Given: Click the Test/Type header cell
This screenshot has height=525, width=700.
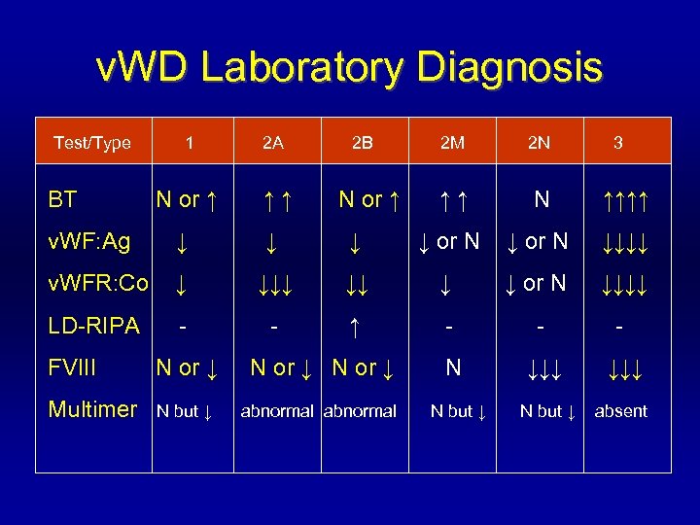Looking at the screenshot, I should click(92, 143).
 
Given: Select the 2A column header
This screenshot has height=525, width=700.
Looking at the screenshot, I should click(273, 143).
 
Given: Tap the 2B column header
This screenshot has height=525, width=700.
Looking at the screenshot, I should click(363, 143).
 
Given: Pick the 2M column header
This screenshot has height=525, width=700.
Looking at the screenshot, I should click(452, 143).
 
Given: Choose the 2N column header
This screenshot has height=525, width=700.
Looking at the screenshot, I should click(539, 143).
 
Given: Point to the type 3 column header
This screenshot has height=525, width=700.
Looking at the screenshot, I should click(618, 143).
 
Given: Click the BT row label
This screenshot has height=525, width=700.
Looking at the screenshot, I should click(63, 200).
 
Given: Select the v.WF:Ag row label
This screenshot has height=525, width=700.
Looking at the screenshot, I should click(89, 240).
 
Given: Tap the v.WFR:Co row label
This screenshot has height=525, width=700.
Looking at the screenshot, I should click(98, 283).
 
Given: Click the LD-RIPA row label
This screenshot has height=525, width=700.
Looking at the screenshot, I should click(93, 326).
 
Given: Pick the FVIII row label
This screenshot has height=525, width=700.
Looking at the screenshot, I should click(77, 367).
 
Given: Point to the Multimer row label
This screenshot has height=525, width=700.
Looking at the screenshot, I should click(92, 409).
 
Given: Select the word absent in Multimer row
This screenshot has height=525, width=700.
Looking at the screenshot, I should click(620, 411).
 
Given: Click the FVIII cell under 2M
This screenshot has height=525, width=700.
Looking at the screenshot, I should click(452, 367).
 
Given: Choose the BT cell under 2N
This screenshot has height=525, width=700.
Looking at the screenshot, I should click(542, 199).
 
